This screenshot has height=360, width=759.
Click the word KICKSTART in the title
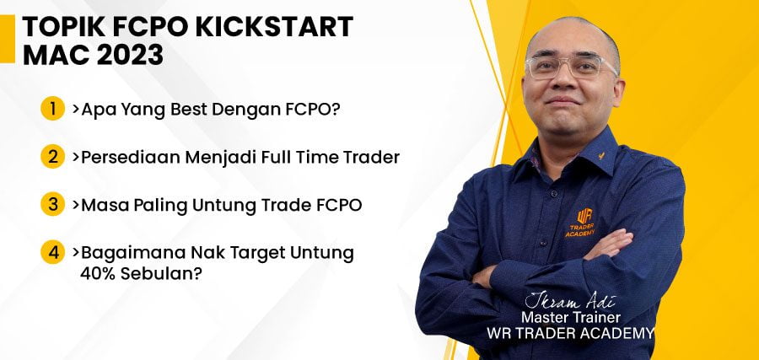click(x=274, y=27)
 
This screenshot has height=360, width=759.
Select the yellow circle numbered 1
click(x=52, y=109)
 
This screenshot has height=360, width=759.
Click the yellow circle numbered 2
click(x=52, y=157)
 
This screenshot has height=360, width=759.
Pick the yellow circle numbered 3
click(x=52, y=204)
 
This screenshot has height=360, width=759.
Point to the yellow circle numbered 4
click(x=52, y=252)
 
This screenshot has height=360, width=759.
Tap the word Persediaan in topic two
click(x=129, y=158)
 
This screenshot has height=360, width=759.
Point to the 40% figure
click(x=98, y=274)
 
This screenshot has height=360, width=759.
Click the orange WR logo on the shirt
click(x=584, y=216)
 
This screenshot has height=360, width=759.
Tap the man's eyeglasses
click(x=572, y=67)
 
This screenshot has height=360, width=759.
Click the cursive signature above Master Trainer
click(x=570, y=301)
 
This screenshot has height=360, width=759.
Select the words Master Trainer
click(x=570, y=318)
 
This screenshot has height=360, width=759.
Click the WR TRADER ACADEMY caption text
click(x=570, y=333)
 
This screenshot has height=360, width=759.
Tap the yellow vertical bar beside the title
click(x=8, y=39)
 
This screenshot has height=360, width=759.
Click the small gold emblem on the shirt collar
click(x=601, y=156)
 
